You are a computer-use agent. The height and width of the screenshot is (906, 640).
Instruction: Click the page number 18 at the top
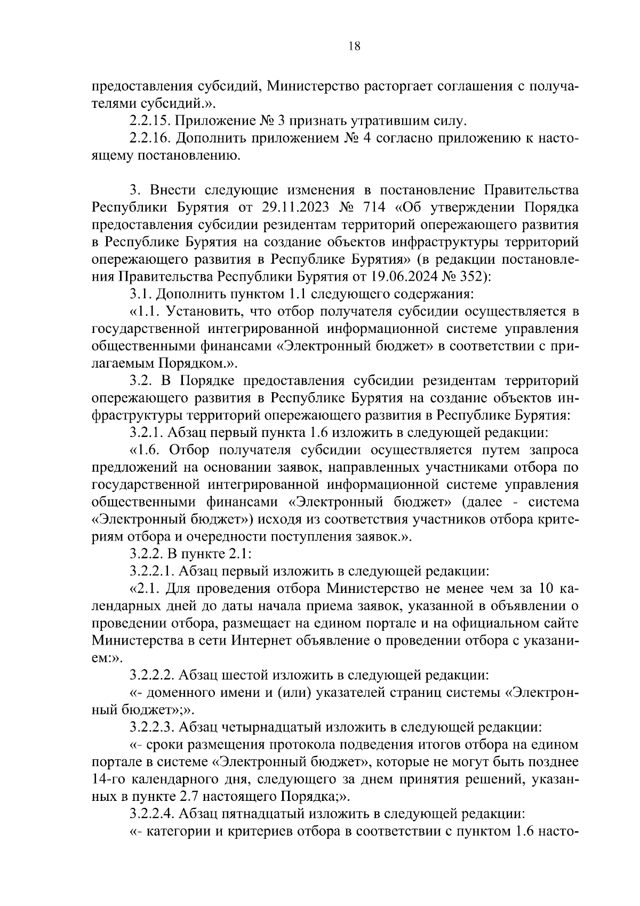[x=355, y=46]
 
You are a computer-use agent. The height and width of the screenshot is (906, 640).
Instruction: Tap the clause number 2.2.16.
[x=150, y=139]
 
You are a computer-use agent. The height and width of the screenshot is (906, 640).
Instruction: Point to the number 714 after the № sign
[x=380, y=207]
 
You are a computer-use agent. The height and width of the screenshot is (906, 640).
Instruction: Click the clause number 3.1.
[x=138, y=293]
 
